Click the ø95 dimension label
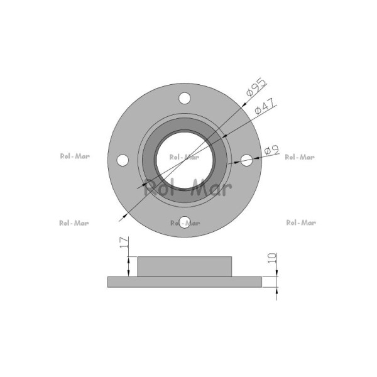tap(257, 87)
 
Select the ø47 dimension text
tap(265, 106)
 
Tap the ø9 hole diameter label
tap(271, 150)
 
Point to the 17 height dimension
tap(124, 243)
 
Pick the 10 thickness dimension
tap(273, 258)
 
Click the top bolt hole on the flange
tap(185, 98)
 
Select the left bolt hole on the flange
tap(123, 160)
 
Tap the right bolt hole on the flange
tap(246, 160)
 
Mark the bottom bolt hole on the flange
tap(185, 222)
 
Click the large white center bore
tap(185, 160)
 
